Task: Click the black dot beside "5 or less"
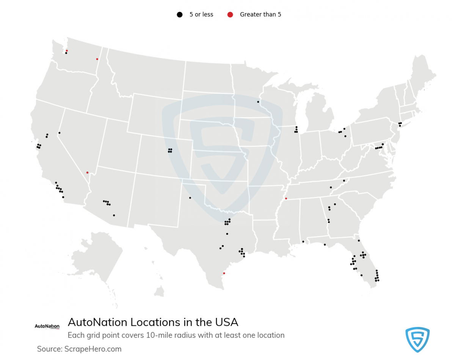point(180,15)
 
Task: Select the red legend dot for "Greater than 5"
point(230,15)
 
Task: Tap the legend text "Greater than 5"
point(260,15)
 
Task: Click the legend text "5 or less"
point(201,15)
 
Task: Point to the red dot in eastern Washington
point(97,59)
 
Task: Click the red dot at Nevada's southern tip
point(87,172)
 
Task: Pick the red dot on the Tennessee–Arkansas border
point(286,199)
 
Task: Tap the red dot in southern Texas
point(224,273)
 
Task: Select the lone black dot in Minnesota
point(258,102)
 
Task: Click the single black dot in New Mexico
point(190,198)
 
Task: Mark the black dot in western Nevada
point(59,133)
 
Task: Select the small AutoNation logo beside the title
point(47,326)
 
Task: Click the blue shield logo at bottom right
point(417,340)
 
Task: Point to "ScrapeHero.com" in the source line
point(93,349)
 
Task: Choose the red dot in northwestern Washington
point(67,50)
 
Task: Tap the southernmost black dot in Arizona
point(114,215)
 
